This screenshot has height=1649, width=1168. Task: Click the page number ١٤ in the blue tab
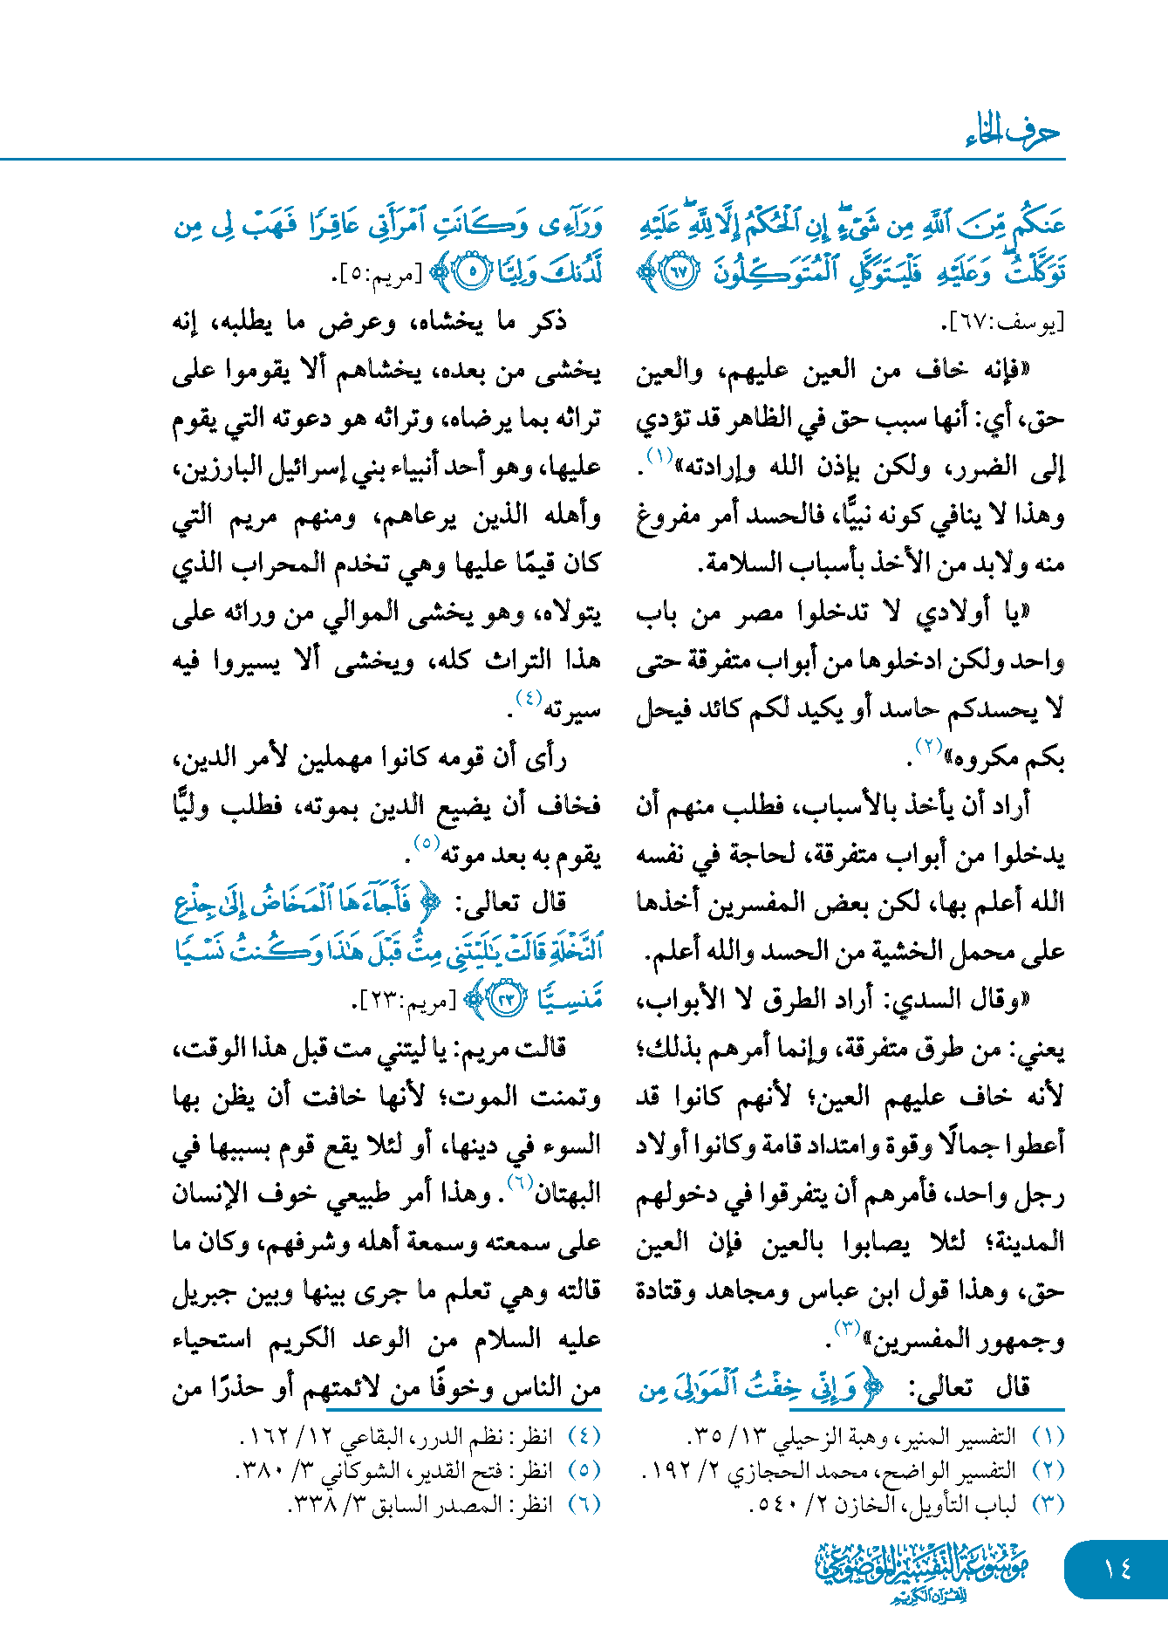[x=1117, y=1569]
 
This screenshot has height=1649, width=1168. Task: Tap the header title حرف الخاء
[x=1013, y=133]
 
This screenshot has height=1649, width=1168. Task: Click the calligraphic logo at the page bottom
[x=922, y=1571]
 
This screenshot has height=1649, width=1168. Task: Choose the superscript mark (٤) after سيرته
[x=529, y=698]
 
